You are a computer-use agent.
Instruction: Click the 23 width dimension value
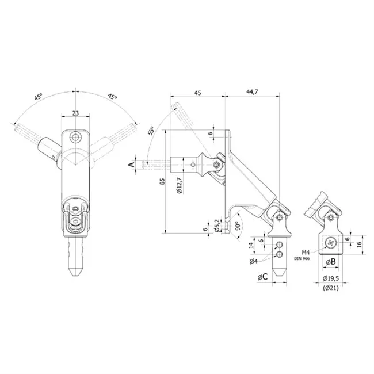coord(75,113)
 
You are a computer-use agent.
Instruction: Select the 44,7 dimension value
coord(252,92)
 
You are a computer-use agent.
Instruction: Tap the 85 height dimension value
coord(162,181)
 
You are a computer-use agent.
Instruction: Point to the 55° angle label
coord(151,131)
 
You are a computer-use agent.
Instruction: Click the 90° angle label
coord(237,226)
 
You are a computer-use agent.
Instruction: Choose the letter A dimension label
coord(131,165)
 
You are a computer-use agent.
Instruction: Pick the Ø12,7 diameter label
coord(180,185)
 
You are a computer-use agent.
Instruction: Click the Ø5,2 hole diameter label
coord(217,226)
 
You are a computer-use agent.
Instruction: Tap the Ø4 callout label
coord(254,261)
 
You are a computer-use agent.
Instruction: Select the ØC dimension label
coord(262,277)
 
